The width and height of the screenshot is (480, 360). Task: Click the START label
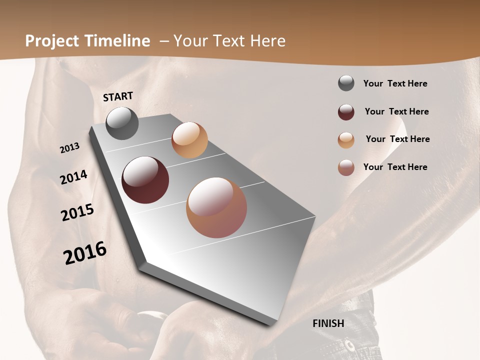(x=118, y=96)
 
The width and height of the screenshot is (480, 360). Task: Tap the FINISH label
(x=328, y=323)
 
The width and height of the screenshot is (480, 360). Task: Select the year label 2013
(x=69, y=148)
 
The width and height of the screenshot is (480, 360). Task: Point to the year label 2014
(x=73, y=177)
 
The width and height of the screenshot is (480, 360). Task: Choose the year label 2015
(x=77, y=212)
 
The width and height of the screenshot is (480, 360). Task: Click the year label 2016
(x=85, y=253)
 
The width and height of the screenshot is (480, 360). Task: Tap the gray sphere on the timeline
(x=122, y=123)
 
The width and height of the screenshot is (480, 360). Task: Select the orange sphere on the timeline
(x=189, y=140)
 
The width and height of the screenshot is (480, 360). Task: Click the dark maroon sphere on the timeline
(x=145, y=180)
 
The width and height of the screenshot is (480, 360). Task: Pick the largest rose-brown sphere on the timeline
(x=216, y=207)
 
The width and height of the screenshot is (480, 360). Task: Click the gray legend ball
(x=346, y=83)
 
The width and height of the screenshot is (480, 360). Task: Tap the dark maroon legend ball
(x=346, y=112)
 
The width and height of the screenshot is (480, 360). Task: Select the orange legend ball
(x=346, y=140)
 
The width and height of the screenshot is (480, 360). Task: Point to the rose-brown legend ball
(x=346, y=167)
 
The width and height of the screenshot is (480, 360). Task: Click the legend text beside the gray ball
(x=395, y=83)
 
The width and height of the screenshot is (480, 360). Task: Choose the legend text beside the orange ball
(x=397, y=139)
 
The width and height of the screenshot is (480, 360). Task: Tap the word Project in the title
(x=52, y=41)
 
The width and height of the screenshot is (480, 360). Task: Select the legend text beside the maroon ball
(x=396, y=111)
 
